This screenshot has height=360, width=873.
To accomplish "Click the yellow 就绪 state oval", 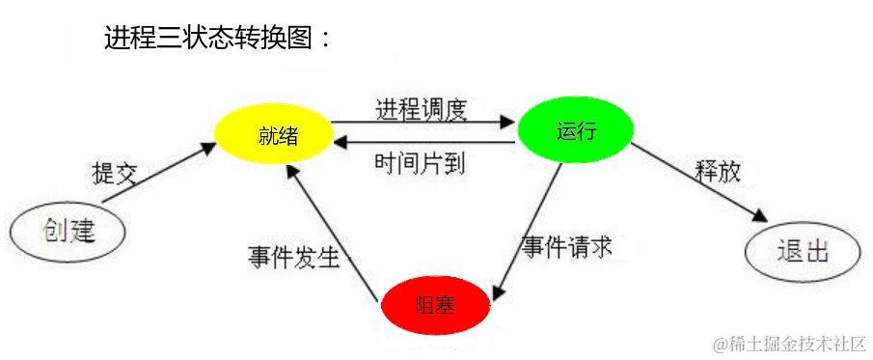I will (271, 135).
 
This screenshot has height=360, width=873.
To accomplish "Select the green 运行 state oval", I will (575, 130).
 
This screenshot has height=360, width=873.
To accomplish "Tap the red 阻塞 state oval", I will (435, 306).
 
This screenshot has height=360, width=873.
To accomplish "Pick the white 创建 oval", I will (68, 232).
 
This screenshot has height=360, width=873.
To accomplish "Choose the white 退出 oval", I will (802, 253).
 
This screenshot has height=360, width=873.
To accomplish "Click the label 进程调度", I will (422, 108).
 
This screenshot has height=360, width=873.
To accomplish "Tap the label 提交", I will (115, 174).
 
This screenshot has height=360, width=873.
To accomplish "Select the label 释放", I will (719, 171).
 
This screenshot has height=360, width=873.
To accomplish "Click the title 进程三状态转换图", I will (207, 39).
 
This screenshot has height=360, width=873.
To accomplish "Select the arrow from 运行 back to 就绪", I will (424, 143).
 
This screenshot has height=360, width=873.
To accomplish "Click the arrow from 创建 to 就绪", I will (159, 173).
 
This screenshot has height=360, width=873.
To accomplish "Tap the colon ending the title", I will (326, 41).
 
